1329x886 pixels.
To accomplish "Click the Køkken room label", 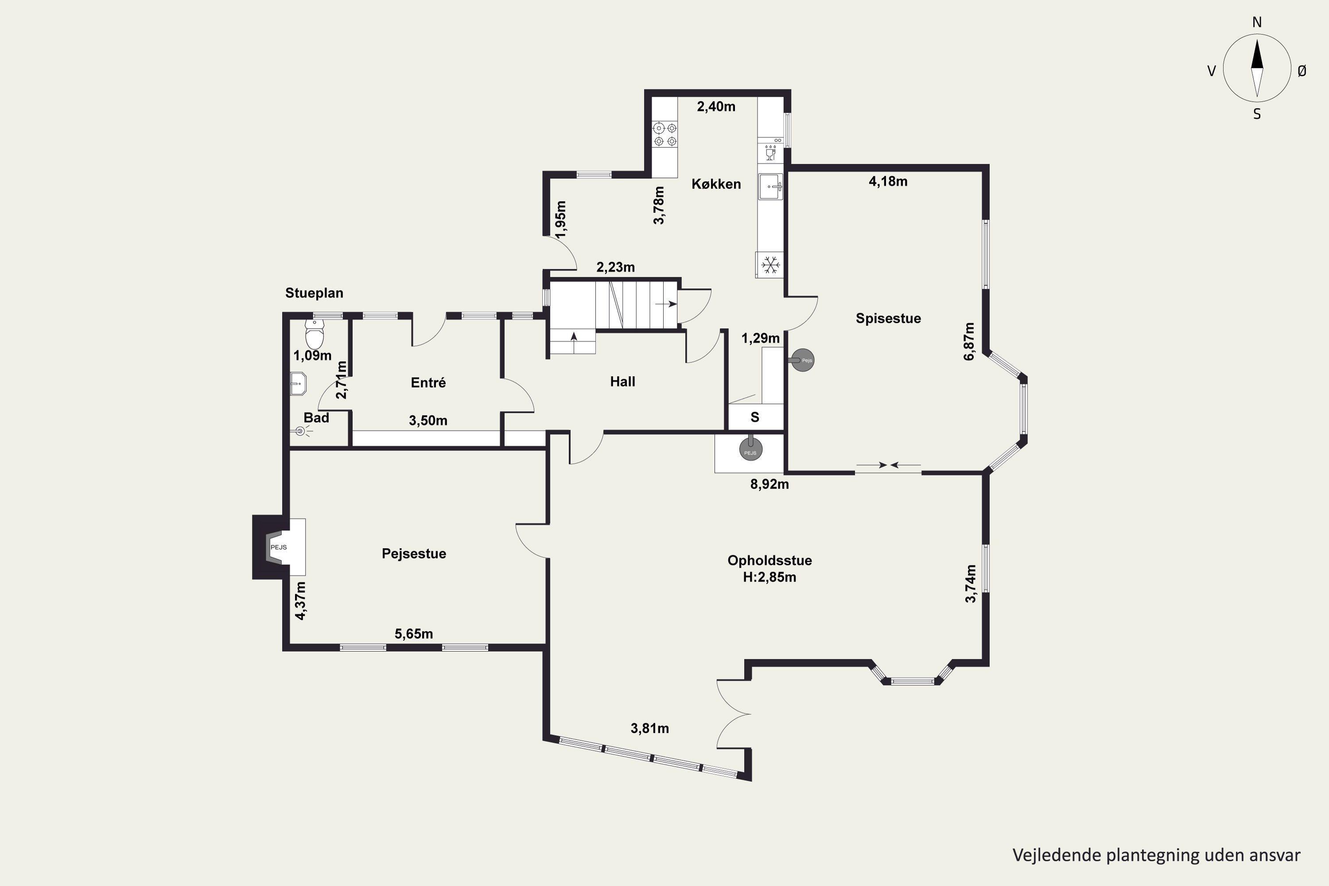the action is point(716,184).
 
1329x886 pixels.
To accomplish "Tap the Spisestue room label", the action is point(888,318).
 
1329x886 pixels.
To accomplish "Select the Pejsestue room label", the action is point(414,554).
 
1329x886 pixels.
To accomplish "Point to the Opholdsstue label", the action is point(769,560).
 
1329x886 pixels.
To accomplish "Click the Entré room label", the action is point(428,383).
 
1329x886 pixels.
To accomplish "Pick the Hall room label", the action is point(623,381).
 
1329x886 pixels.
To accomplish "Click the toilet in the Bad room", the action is point(315,334).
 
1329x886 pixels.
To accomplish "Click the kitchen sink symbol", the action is point(771,187).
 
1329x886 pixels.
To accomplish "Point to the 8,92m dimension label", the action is point(769,484).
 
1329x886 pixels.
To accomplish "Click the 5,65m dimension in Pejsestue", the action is point(414,634).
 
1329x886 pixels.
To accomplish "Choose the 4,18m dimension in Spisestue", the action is point(888,181).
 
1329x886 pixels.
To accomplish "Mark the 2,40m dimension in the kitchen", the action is point(716,106).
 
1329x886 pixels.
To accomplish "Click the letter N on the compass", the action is point(1257,22).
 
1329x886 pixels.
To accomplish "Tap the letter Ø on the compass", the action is point(1302,70).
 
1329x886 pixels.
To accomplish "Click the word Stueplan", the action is point(314,293).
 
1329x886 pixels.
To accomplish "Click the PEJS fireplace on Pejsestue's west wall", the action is point(279,547).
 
